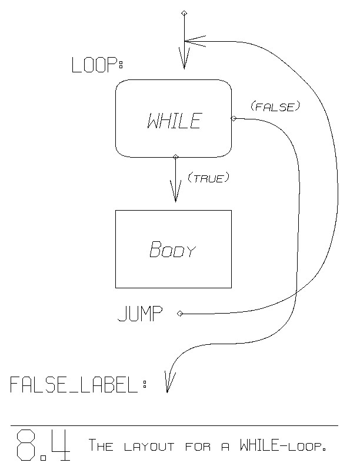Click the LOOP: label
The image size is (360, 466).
[97, 65]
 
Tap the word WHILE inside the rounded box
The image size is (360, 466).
[174, 121]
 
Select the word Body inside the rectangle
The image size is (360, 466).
[172, 250]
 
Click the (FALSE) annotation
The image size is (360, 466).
[275, 106]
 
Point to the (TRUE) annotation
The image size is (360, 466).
[207, 178]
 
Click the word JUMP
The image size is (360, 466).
[140, 314]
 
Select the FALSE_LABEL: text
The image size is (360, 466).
[78, 385]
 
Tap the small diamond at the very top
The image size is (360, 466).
[184, 12]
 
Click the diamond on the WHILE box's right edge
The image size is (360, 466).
[233, 118]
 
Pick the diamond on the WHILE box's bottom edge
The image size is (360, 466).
[175, 156]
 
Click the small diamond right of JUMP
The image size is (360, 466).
[180, 314]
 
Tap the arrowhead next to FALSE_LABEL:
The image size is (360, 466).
[168, 383]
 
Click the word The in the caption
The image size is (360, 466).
[101, 445]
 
